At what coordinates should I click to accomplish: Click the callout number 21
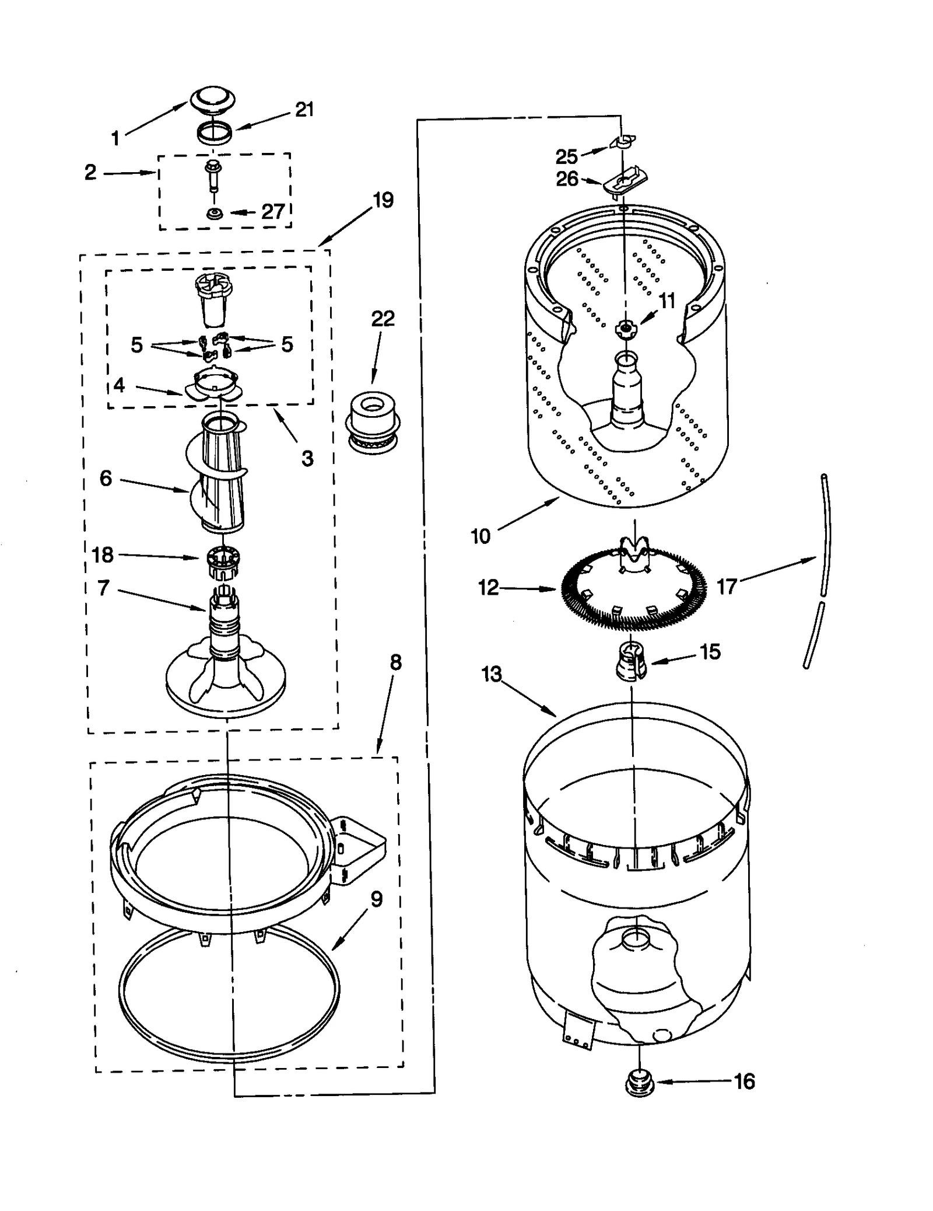click(x=304, y=109)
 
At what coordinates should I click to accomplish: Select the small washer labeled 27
click(x=215, y=213)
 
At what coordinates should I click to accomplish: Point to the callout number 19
click(x=383, y=200)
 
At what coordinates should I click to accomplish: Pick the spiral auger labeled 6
click(x=219, y=467)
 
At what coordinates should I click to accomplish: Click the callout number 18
click(x=103, y=554)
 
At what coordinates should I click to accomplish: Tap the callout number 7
click(x=103, y=588)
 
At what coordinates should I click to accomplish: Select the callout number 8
click(x=395, y=662)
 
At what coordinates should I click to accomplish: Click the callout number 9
click(x=377, y=899)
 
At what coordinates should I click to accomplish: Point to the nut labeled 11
click(x=625, y=329)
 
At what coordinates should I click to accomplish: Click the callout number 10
click(x=480, y=535)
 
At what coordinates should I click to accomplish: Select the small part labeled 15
click(x=632, y=661)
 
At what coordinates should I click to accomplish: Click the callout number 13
click(x=492, y=675)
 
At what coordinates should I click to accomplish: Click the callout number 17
click(x=727, y=587)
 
